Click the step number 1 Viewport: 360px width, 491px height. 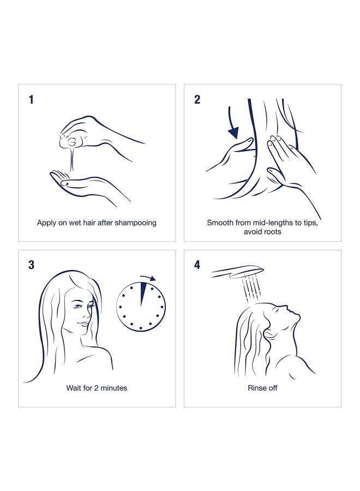(31, 99)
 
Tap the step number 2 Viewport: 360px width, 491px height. (197, 99)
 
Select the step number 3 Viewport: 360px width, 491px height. (32, 265)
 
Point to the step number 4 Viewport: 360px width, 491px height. (197, 265)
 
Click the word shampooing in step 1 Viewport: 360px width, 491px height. (136, 223)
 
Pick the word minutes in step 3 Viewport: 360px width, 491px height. (114, 388)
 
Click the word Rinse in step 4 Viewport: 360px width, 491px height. (256, 388)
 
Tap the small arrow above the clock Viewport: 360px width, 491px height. (149, 278)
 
